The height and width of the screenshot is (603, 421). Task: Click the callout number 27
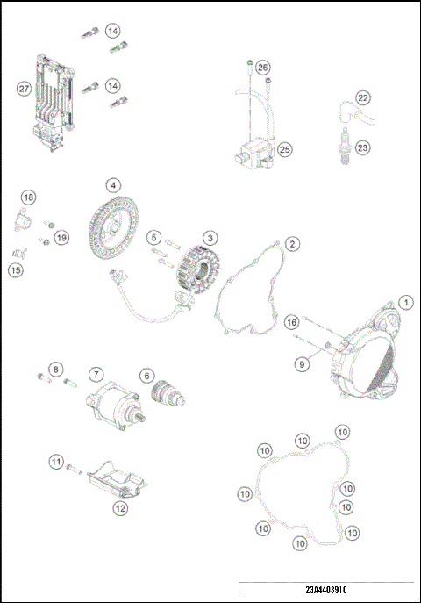point(23,88)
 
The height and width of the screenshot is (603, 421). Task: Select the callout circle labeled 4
point(113,185)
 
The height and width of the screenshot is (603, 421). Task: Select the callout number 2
point(293,243)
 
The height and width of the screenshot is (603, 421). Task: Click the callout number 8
point(55,369)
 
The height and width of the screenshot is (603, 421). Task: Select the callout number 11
point(55,459)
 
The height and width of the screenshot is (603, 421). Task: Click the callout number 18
point(28,197)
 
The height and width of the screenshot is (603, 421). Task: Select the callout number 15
point(16,270)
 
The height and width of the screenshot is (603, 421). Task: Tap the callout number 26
point(263,67)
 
